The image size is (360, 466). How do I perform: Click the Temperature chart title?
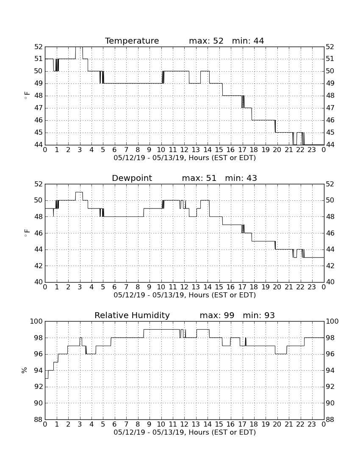(x=132, y=41)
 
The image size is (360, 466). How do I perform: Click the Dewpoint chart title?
(x=132, y=178)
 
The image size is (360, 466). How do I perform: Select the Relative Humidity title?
(x=132, y=315)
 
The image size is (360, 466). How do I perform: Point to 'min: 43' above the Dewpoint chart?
(x=241, y=178)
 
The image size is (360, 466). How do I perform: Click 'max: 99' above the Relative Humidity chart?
(x=217, y=315)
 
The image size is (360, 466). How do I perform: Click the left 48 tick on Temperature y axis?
(x=39, y=96)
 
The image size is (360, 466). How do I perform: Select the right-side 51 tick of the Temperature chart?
(x=330, y=59)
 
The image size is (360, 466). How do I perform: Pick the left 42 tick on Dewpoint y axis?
(x=39, y=266)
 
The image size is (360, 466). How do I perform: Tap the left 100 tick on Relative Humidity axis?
(x=37, y=321)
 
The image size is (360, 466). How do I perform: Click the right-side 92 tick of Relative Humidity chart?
(x=330, y=387)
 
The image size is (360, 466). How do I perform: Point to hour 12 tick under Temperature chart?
(x=184, y=150)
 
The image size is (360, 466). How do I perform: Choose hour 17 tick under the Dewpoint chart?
(x=242, y=287)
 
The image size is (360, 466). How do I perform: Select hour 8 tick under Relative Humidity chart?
(x=138, y=424)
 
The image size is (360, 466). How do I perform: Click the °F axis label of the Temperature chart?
(x=27, y=96)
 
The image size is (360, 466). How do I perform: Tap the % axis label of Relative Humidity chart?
(x=25, y=370)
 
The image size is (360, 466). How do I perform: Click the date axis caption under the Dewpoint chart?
(x=185, y=295)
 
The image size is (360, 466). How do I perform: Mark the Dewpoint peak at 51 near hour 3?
(x=79, y=192)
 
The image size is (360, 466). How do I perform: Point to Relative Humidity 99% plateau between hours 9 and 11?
(x=162, y=329)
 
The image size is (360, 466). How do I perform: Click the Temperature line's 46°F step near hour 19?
(x=263, y=120)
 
